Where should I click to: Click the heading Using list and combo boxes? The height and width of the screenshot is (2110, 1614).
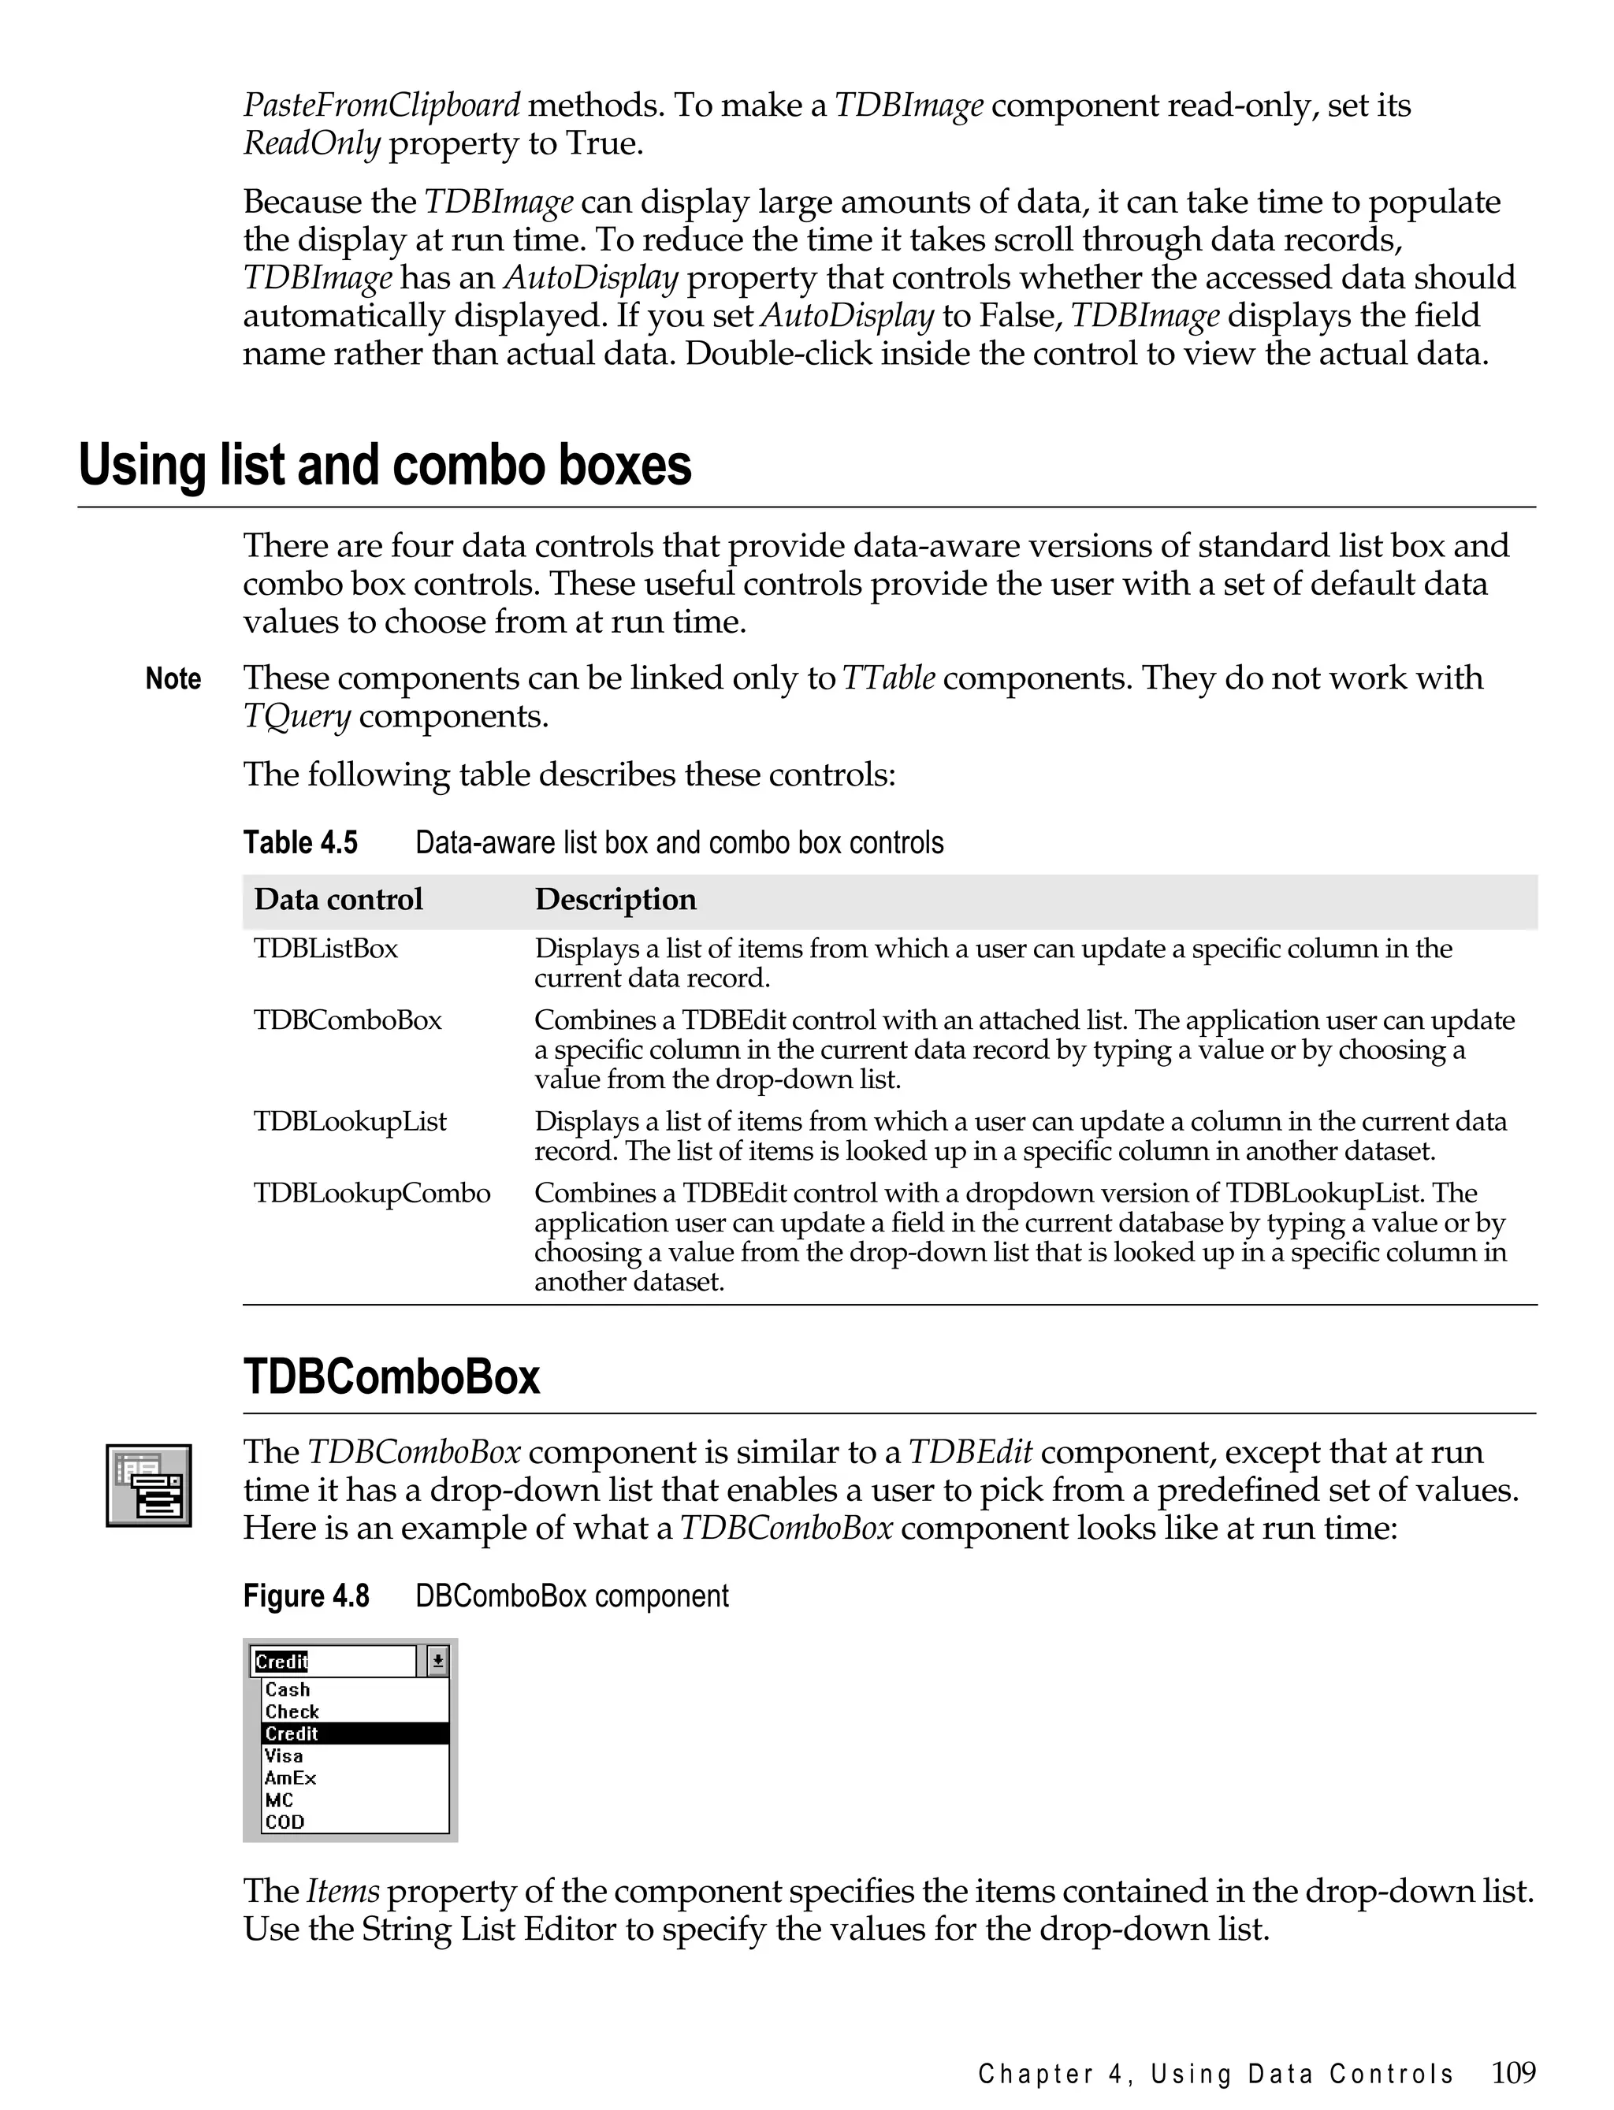385,466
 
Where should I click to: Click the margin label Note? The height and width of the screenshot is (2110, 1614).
173,679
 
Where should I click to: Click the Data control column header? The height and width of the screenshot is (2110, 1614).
338,899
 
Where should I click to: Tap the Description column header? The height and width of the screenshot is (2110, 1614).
615,899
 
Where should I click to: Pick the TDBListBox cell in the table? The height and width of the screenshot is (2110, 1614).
325,949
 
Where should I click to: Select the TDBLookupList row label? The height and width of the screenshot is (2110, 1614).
350,1122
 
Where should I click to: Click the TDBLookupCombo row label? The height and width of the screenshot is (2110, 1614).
372,1193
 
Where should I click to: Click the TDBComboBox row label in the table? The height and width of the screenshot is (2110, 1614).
348,1020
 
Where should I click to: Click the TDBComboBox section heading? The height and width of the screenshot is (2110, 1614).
391,1376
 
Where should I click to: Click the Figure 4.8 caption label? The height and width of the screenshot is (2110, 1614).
306,1596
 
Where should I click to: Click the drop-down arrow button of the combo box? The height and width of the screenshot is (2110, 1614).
437,1661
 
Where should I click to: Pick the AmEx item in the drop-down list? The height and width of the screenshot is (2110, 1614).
290,1778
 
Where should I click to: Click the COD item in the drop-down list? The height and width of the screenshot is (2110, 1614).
284,1822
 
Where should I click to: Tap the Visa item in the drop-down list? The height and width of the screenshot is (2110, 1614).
284,1755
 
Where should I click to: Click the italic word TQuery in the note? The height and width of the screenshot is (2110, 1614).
297,718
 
